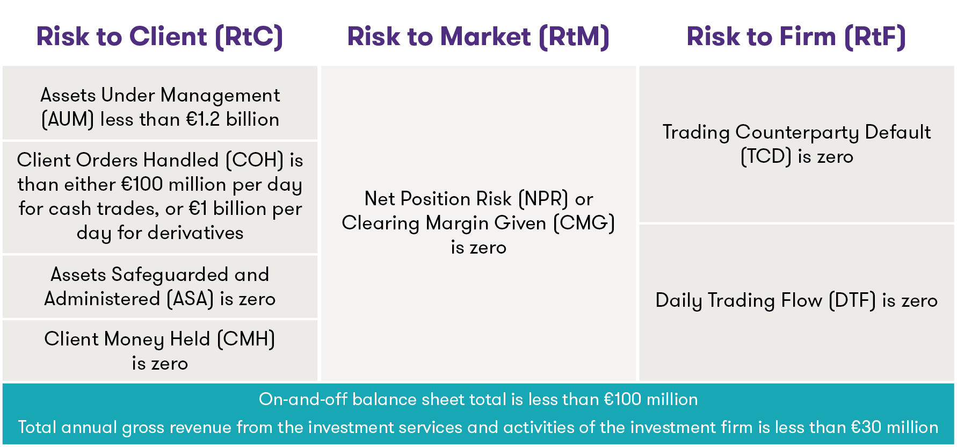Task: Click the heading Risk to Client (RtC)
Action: pyautogui.click(x=160, y=37)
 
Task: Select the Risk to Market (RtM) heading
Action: pyautogui.click(x=478, y=37)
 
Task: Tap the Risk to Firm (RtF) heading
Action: pyautogui.click(x=796, y=37)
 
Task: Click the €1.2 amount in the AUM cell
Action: pyautogui.click(x=202, y=119)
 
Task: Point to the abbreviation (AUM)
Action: pyautogui.click(x=68, y=119)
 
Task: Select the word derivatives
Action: pyautogui.click(x=195, y=233)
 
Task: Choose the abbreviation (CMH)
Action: pyautogui.click(x=246, y=339)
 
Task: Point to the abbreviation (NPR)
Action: pyautogui.click(x=543, y=199)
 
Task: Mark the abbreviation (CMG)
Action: pyautogui.click(x=584, y=223)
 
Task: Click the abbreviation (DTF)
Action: pyautogui.click(x=852, y=300)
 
